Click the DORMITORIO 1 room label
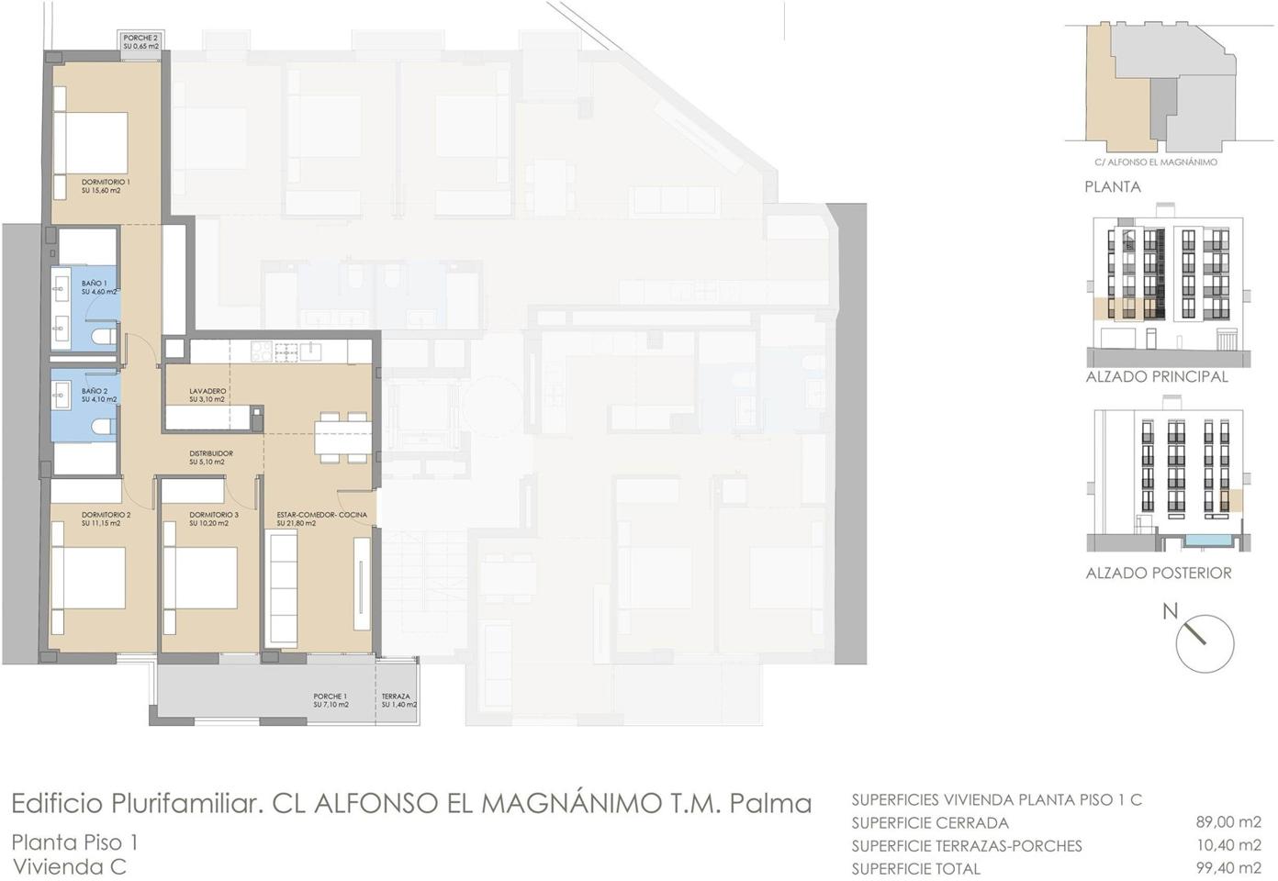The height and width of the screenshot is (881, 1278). [106, 182]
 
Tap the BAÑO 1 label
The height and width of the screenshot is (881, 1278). [95, 283]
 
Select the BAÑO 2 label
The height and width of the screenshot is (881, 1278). [95, 391]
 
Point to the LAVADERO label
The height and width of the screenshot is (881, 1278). [207, 391]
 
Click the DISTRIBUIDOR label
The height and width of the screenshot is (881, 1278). [211, 453]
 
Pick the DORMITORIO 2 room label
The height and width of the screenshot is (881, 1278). [106, 515]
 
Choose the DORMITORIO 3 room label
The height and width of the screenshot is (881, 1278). [214, 515]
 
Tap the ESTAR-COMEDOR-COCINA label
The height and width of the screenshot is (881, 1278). [321, 515]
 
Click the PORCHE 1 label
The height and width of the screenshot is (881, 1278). [330, 697]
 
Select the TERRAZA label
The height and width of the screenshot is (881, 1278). [396, 697]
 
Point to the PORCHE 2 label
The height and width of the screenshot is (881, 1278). [140, 39]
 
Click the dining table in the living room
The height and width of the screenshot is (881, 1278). [342, 438]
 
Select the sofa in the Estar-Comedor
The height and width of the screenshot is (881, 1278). [282, 587]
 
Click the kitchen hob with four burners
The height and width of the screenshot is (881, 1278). [262, 351]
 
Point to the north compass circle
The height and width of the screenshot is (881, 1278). [1205, 643]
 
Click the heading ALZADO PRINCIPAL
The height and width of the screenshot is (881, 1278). [1157, 377]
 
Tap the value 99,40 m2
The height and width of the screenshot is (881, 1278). [1228, 868]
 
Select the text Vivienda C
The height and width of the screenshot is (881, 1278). [69, 867]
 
